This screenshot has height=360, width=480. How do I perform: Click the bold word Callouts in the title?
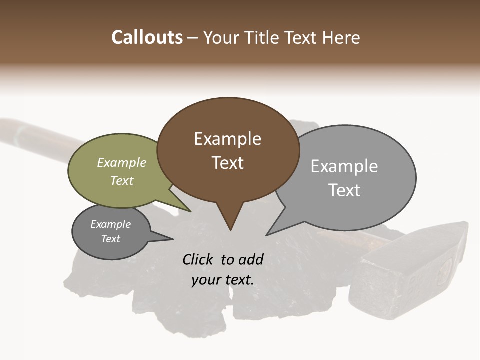click(x=147, y=37)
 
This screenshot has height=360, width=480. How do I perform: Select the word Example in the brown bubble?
click(x=227, y=139)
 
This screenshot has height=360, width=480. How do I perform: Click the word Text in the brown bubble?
click(x=227, y=163)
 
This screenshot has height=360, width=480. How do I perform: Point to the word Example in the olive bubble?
click(x=122, y=162)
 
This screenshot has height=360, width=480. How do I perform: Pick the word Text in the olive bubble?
click(x=122, y=180)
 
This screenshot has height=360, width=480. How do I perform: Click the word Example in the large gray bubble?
click(x=344, y=166)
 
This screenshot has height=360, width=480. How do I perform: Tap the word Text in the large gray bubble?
click(x=344, y=190)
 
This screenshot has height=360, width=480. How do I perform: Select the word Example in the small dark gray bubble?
click(x=111, y=224)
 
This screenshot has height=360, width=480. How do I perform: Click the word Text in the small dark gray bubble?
click(x=111, y=239)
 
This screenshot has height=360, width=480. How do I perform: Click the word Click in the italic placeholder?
click(x=198, y=259)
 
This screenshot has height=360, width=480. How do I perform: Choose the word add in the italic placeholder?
click(x=250, y=259)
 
